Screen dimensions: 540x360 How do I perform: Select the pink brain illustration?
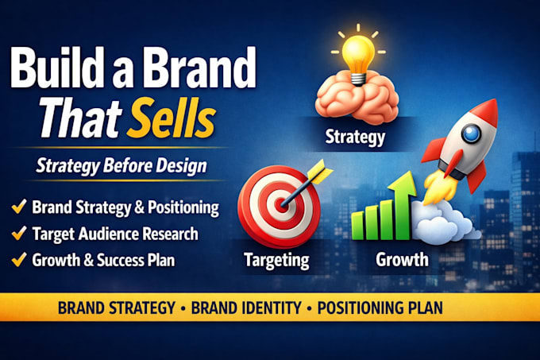(357, 98)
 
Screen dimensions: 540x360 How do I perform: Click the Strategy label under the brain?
(355, 137)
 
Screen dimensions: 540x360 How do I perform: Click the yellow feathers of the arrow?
(319, 171)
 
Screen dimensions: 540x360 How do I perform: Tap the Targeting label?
(276, 260)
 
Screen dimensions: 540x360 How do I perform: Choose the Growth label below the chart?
(402, 259)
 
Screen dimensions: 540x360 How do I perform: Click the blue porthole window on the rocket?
(470, 134)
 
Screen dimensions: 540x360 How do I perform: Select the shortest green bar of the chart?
(357, 226)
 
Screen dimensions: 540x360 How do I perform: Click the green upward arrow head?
(403, 184)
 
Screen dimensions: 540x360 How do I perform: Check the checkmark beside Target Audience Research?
(19, 233)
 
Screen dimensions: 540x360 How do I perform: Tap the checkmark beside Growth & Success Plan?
(19, 259)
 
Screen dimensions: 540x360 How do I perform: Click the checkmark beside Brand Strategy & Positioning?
(19, 207)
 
